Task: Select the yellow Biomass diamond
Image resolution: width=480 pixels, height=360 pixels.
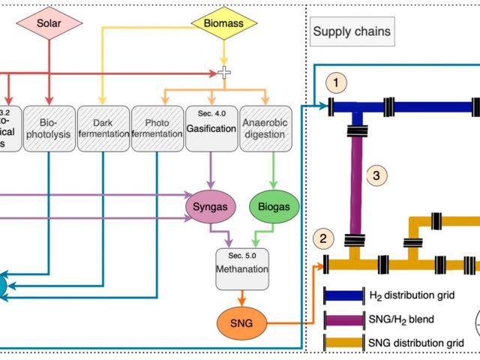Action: (x=222, y=22)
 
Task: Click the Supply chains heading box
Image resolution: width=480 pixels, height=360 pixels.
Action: (x=352, y=31)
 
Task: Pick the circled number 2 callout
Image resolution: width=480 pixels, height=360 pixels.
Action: (x=322, y=240)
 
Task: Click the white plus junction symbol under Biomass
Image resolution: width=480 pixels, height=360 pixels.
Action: (x=222, y=73)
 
